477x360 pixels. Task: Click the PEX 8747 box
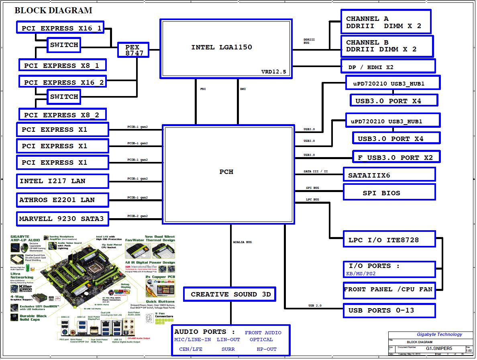point(133,50)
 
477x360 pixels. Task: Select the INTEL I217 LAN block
point(63,181)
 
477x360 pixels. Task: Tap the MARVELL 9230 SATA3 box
point(63,219)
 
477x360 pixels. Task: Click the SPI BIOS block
point(389,192)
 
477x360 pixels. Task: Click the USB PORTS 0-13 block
point(389,310)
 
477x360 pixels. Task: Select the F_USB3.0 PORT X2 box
point(396,157)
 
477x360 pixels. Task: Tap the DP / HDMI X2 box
point(388,66)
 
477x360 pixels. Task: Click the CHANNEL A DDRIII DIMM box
point(385,22)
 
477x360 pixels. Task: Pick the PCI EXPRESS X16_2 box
point(63,82)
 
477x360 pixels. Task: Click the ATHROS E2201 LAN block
point(63,200)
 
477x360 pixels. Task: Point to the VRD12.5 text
point(273,72)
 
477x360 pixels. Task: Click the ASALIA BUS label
point(243,242)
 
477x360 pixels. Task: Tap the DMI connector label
point(243,89)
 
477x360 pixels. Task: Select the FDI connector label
point(203,89)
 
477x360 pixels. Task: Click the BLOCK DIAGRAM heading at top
point(53,10)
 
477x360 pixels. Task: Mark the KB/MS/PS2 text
point(361,274)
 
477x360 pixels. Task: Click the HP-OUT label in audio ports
point(267,349)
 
